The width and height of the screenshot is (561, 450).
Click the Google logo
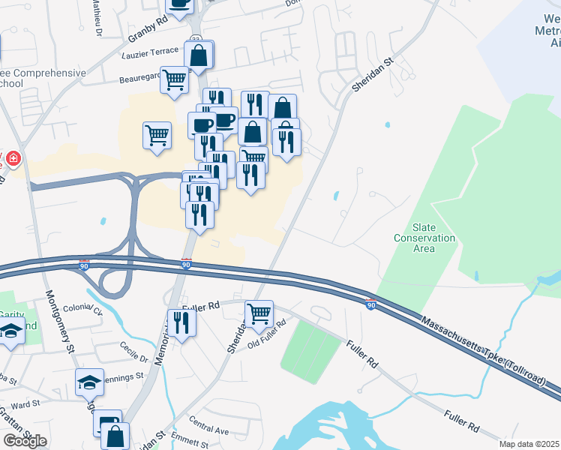tap(25, 441)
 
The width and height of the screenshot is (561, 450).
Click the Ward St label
tap(25, 404)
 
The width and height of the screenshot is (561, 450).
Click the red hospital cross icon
tap(13, 159)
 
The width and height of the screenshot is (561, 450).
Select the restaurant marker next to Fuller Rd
tap(181, 322)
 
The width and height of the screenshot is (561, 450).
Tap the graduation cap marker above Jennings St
tap(90, 382)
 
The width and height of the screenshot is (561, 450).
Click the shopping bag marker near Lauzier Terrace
tap(199, 54)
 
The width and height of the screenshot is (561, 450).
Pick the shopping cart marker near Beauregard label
tap(175, 79)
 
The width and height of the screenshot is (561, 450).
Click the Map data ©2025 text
tap(529, 444)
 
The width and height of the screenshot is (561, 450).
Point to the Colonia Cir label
tap(82, 308)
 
